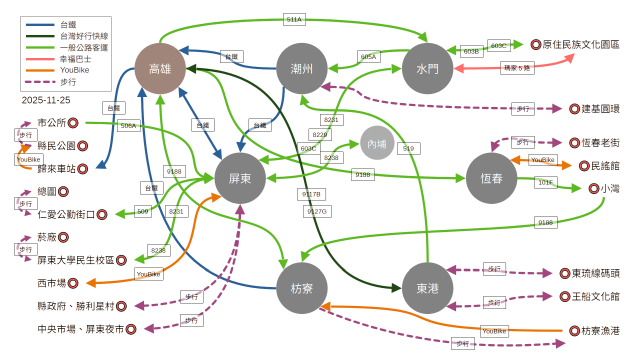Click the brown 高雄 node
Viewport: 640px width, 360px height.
(x=160, y=68)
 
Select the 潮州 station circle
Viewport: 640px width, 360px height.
(x=301, y=68)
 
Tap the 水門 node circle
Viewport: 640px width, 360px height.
(x=427, y=68)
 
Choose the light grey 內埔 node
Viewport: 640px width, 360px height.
(x=377, y=143)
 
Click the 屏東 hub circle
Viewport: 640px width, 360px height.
(x=240, y=178)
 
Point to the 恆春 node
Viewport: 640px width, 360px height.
(x=491, y=178)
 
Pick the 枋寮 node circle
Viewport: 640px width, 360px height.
(x=301, y=288)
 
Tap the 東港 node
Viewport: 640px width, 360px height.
(x=427, y=288)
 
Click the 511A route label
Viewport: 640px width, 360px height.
(x=294, y=19)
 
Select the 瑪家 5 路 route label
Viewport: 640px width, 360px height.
(x=517, y=67)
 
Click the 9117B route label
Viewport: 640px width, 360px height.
(x=311, y=194)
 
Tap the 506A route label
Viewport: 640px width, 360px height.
(x=128, y=125)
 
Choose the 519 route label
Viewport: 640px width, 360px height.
(x=408, y=148)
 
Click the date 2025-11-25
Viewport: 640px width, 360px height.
(x=46, y=100)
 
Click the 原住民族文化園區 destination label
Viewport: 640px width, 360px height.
(x=580, y=44)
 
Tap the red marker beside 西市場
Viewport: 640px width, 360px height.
(x=73, y=283)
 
